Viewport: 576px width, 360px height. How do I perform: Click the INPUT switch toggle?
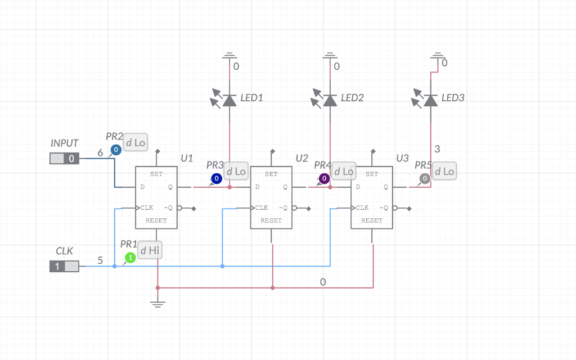(65, 159)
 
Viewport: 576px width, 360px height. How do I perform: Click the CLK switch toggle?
(65, 266)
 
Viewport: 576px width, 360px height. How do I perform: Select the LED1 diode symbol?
(229, 100)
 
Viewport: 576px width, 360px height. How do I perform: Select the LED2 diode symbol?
(330, 100)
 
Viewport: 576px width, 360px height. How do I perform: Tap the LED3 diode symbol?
(430, 100)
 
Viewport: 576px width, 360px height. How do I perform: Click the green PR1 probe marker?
(130, 258)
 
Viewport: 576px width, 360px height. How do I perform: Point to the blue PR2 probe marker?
(115, 150)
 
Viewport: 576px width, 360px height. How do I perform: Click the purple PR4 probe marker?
(324, 179)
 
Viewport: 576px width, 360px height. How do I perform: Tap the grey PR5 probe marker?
(425, 178)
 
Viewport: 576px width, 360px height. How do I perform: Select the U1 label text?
(187, 158)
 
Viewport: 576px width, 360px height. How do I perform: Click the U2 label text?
(302, 158)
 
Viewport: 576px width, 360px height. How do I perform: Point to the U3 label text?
(402, 158)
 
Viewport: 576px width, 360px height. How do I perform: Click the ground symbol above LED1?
(229, 56)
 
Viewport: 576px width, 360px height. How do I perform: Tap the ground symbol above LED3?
(438, 55)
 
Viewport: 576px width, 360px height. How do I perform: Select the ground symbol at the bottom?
(157, 304)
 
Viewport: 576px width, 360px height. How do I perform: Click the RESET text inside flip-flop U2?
(271, 220)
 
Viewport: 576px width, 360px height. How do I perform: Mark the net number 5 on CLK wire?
(100, 260)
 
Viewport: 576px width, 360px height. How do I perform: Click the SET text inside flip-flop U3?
(372, 174)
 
